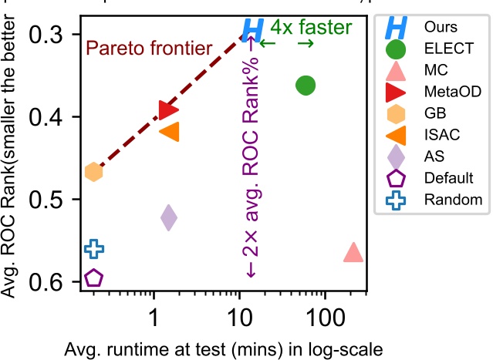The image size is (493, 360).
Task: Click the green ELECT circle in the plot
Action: pyautogui.click(x=306, y=85)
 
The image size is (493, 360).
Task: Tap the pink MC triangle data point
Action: pyautogui.click(x=353, y=252)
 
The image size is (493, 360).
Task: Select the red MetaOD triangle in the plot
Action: pyautogui.click(x=167, y=110)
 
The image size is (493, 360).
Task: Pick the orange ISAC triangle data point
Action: pyautogui.click(x=170, y=132)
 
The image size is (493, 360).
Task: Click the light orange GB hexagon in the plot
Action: pyautogui.click(x=93, y=172)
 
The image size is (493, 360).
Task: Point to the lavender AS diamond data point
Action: pyautogui.click(x=168, y=217)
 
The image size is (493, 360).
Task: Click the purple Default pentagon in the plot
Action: pyautogui.click(x=93, y=278)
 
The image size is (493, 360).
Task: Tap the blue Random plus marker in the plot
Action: pyautogui.click(x=93, y=248)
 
